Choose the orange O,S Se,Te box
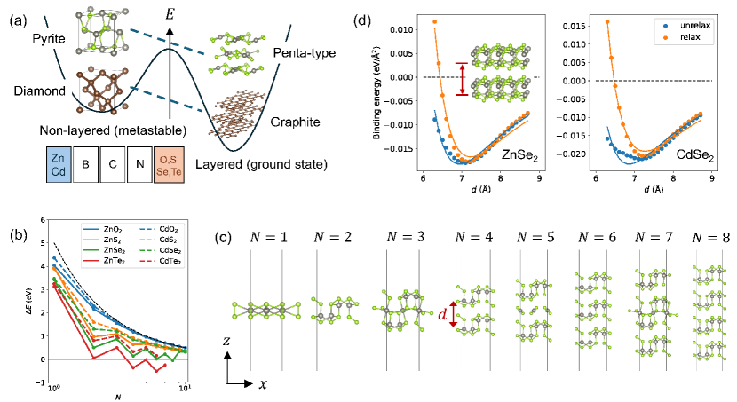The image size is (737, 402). pyautogui.click(x=171, y=165)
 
